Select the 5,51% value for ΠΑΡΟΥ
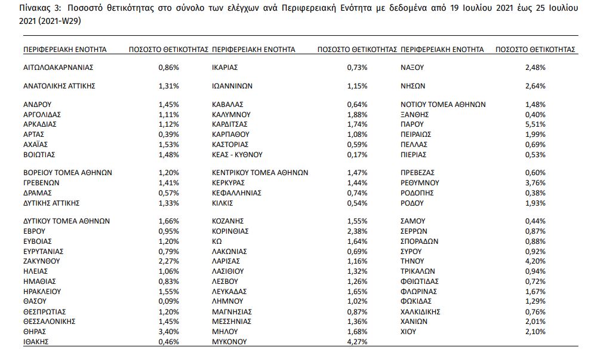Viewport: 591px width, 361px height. [535, 124]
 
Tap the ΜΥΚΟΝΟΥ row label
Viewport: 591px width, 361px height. [230, 342]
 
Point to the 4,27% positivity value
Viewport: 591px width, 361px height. [357, 342]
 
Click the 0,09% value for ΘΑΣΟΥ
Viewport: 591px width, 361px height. [168, 301]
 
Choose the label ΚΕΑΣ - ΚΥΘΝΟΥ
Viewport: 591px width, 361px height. [237, 154]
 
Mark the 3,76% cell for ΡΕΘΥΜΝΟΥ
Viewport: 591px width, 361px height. [535, 182]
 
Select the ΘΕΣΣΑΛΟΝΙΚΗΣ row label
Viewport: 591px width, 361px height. [49, 322]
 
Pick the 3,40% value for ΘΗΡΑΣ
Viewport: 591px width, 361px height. [168, 332]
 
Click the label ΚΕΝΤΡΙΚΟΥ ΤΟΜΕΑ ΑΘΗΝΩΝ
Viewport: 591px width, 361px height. [260, 172]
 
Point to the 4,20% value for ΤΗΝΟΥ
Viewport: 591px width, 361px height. [535, 261]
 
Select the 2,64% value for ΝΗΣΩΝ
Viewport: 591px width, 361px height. [535, 86]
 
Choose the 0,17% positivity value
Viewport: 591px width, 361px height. [357, 154]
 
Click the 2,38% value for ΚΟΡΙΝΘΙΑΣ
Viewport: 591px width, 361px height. [357, 231]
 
